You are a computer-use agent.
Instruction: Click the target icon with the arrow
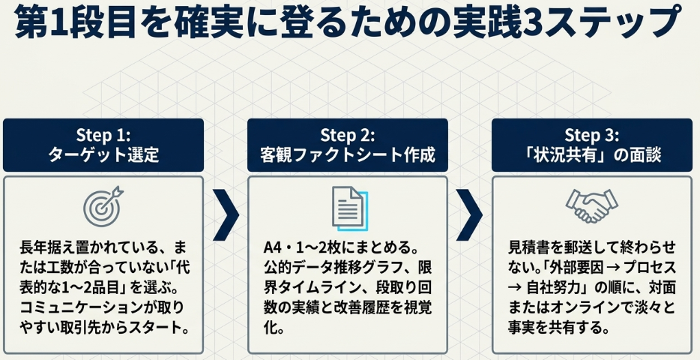point(103,207)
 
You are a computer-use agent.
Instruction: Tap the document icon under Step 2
point(349,208)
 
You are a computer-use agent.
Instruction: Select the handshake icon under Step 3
point(591,205)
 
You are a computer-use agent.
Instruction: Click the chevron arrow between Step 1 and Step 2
point(226,214)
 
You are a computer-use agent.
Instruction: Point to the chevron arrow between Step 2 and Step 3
point(469,214)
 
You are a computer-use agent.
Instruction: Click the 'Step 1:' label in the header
point(103,135)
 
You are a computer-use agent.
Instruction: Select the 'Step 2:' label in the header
point(347,135)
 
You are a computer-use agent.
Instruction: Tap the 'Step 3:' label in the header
point(591,135)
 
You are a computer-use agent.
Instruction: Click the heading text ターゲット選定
point(103,155)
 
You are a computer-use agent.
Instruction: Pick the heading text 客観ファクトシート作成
point(347,155)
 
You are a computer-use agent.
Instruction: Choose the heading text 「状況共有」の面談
point(591,155)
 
